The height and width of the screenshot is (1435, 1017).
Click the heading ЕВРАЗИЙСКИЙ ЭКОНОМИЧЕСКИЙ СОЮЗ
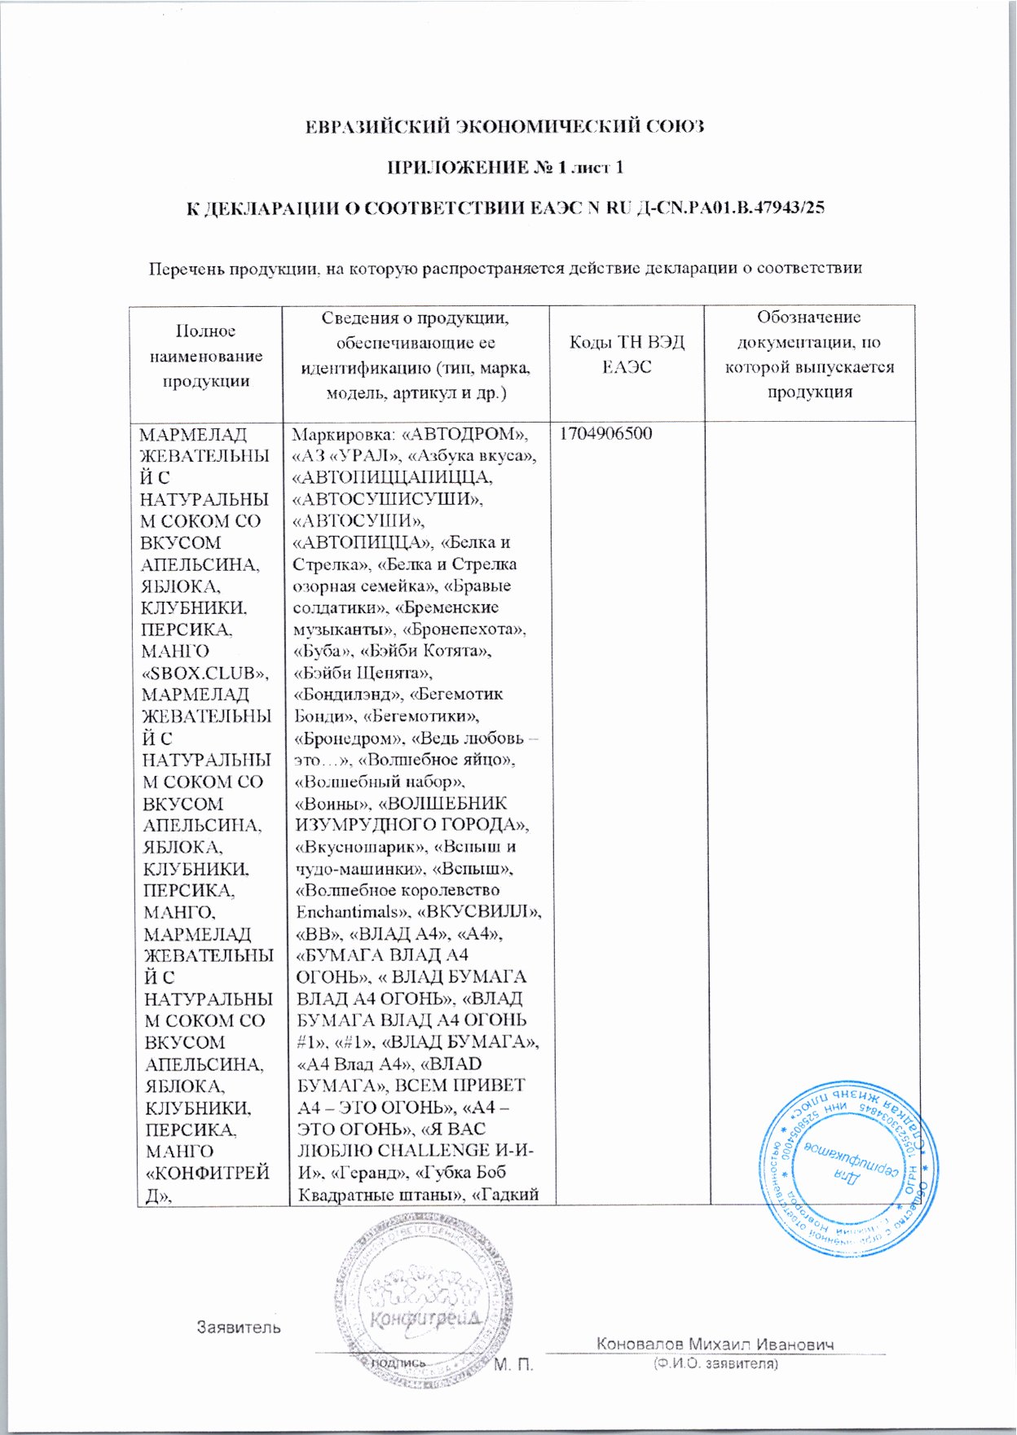click(x=503, y=126)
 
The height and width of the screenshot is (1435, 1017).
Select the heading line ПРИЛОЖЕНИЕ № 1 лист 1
click(x=504, y=168)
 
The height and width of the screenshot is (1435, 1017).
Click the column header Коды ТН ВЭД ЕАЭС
click(x=627, y=354)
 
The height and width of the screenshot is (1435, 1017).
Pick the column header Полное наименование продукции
click(x=205, y=356)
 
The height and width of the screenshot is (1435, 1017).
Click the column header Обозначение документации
click(x=808, y=354)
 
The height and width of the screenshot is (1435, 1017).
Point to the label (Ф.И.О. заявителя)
click(x=715, y=1364)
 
